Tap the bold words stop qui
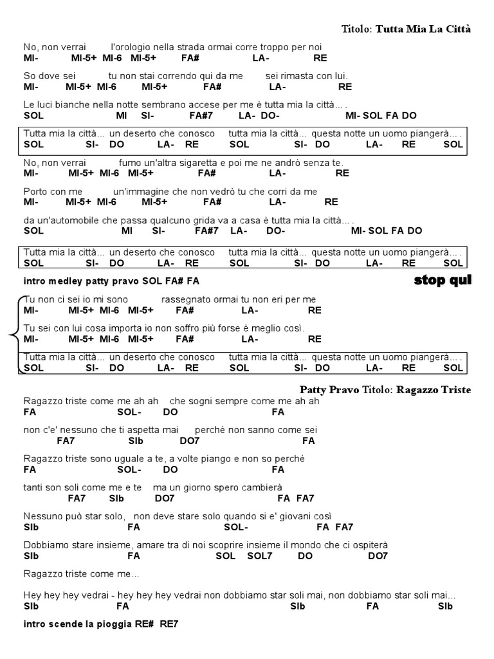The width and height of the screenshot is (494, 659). [x=443, y=280]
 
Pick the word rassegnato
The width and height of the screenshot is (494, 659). [x=187, y=299]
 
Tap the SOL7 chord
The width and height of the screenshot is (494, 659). [x=260, y=556]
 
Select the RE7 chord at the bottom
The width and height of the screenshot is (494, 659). [x=169, y=624]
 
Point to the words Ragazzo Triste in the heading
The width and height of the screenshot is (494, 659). [x=434, y=389]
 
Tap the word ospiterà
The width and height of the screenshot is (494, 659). [x=370, y=545]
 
